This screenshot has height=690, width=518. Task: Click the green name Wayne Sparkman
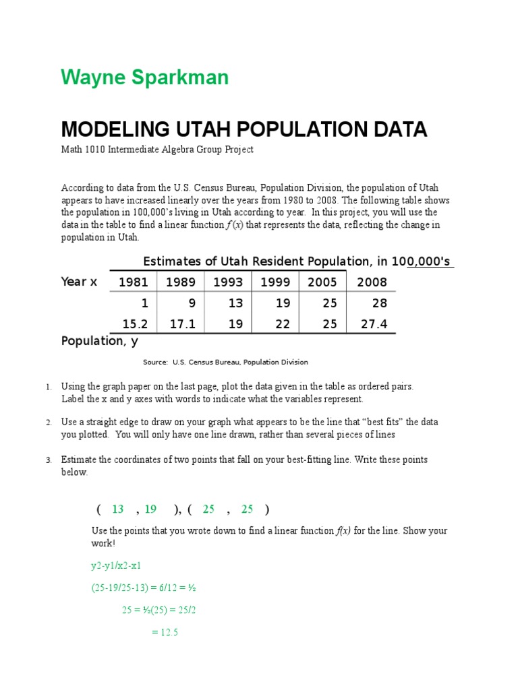click(x=145, y=77)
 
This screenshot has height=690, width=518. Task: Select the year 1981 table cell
click(x=133, y=282)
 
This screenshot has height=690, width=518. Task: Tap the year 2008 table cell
click(x=372, y=282)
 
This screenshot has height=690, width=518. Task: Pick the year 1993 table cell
click(x=228, y=282)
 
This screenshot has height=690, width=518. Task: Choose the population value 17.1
click(x=182, y=324)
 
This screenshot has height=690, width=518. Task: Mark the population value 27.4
click(x=374, y=324)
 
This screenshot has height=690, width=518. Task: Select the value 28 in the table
click(x=380, y=303)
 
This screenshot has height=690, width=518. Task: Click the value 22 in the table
click(x=283, y=324)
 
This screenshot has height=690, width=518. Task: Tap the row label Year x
click(x=79, y=282)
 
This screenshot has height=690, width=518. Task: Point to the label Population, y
click(x=100, y=341)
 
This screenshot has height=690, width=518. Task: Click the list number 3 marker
click(x=49, y=460)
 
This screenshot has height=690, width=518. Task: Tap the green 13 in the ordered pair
click(x=118, y=509)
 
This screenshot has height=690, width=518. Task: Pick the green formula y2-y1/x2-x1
click(x=116, y=565)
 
